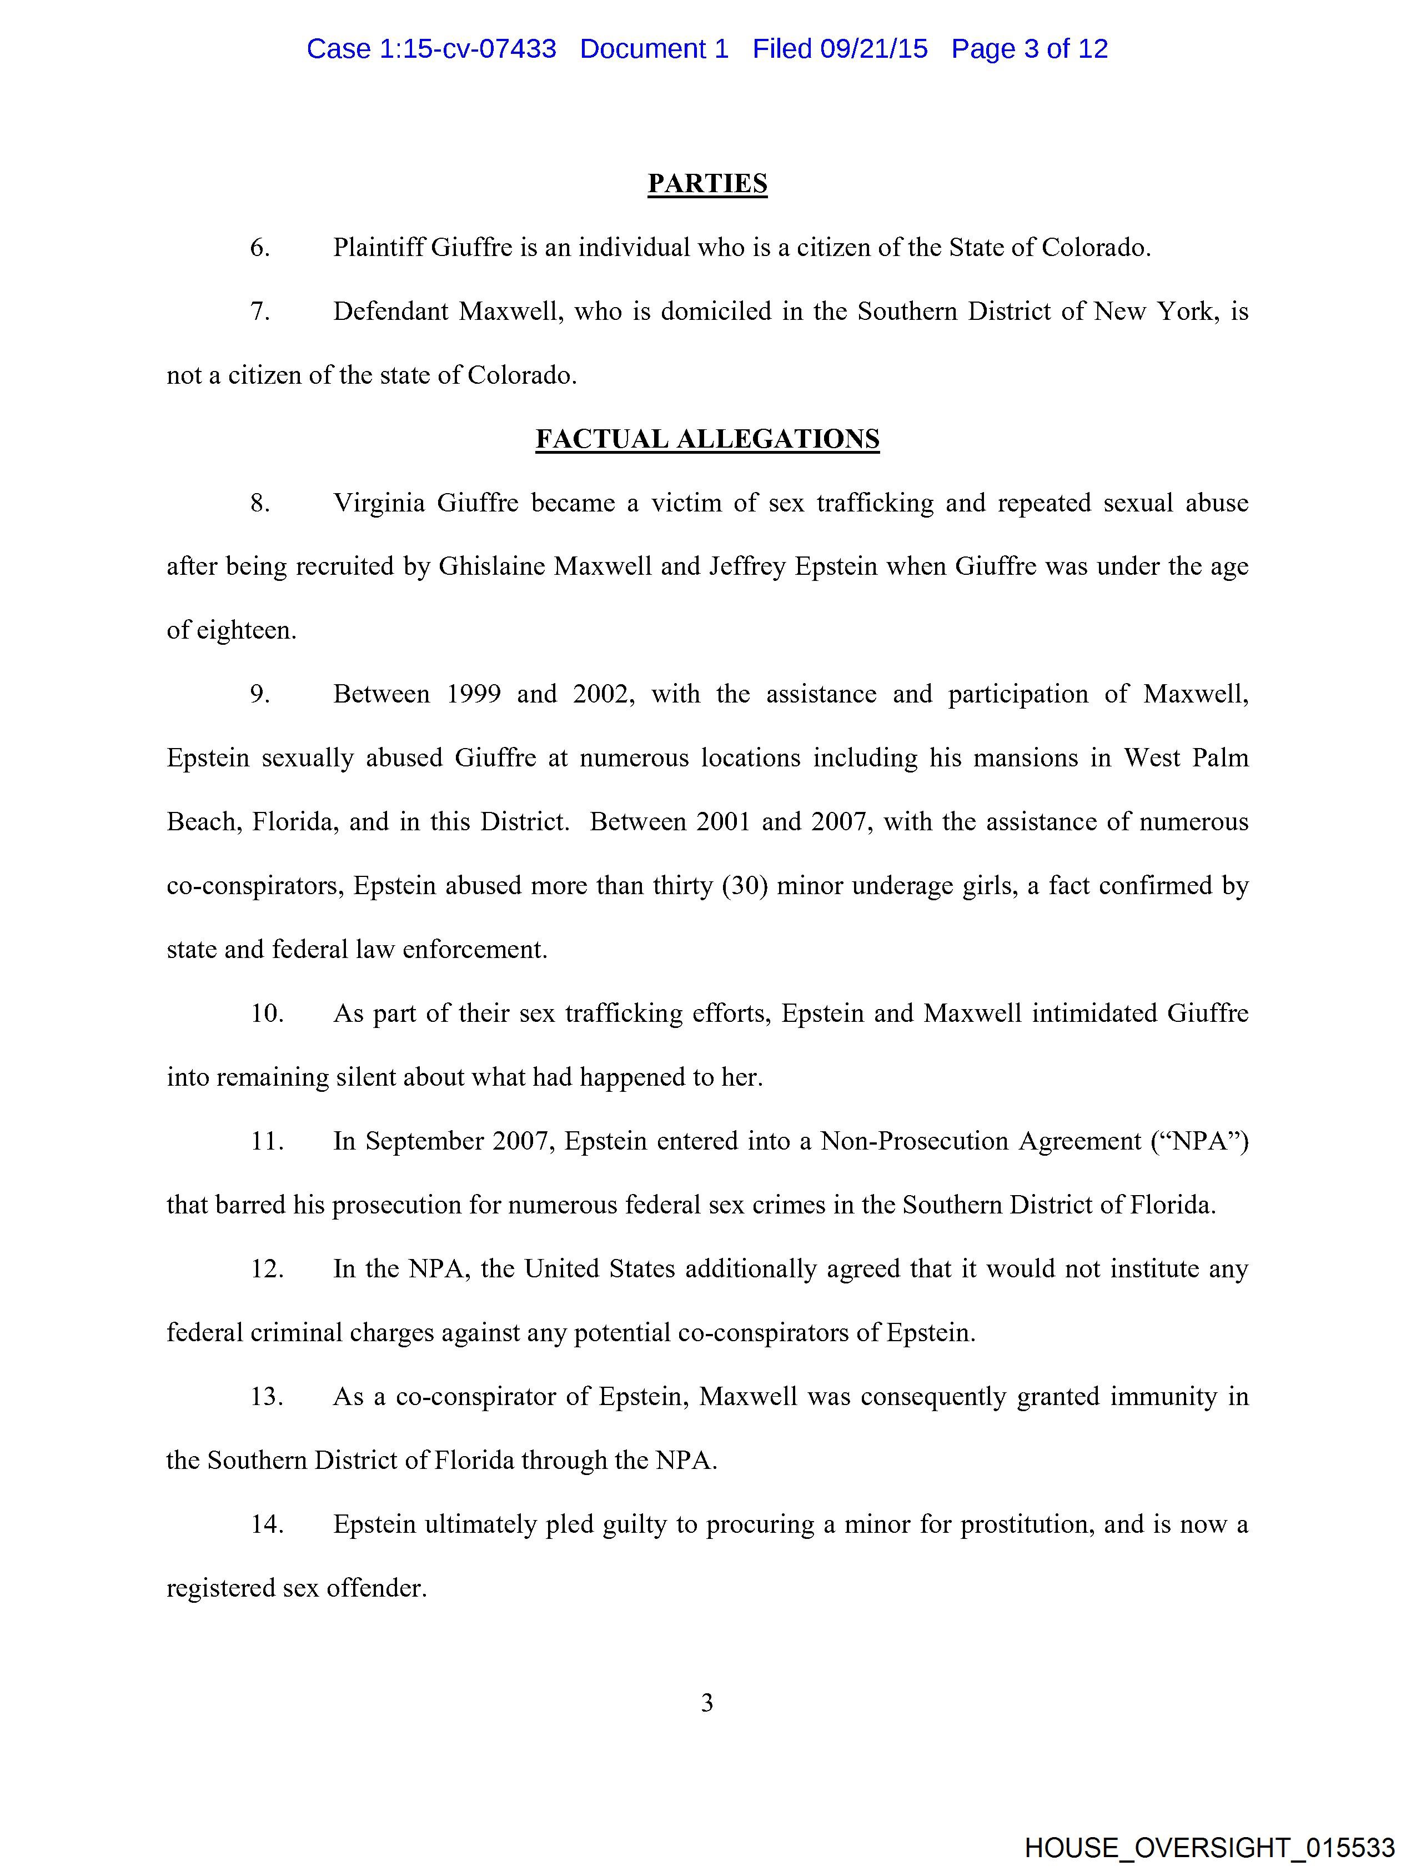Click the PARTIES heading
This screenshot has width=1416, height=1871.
pyautogui.click(x=707, y=184)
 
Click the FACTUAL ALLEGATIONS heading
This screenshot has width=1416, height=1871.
pyautogui.click(x=707, y=439)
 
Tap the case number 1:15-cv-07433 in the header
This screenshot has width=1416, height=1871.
pyautogui.click(x=468, y=49)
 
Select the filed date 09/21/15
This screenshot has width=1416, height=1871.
pyautogui.click(x=874, y=49)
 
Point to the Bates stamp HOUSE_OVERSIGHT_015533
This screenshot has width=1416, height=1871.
pyautogui.click(x=1209, y=1847)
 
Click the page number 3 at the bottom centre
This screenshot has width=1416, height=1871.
pyautogui.click(x=707, y=1703)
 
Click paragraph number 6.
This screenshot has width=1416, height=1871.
pyautogui.click(x=260, y=248)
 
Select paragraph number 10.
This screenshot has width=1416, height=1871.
pyautogui.click(x=267, y=1014)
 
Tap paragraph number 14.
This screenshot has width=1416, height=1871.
pyautogui.click(x=267, y=1524)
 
